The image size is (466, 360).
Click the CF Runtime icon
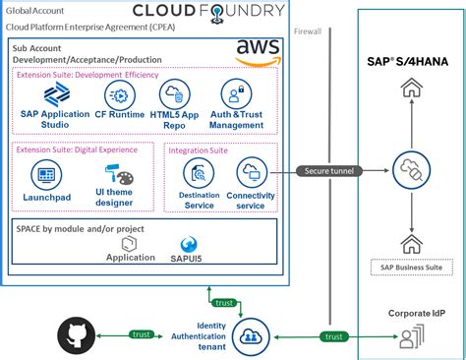pos(119,95)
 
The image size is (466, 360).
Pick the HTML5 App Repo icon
pos(174,95)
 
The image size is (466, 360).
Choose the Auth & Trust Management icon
pos(236,95)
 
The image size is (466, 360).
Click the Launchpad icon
pos(43,177)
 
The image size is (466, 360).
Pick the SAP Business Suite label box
pos(407,267)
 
